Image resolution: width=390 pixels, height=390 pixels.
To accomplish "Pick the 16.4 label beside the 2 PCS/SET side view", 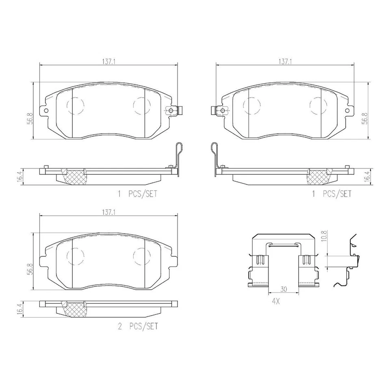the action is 19,309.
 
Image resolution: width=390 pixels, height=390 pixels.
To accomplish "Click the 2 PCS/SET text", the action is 138,326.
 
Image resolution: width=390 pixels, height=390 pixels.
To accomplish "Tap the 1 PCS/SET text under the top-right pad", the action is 332,194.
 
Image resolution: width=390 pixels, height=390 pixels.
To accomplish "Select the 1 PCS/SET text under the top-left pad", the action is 138,194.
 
